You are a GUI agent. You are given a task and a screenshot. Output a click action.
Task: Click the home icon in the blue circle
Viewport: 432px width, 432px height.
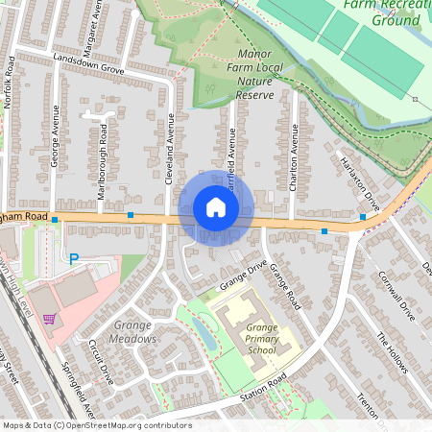[216, 207]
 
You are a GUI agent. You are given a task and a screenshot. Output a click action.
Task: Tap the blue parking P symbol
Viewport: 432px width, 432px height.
[73, 257]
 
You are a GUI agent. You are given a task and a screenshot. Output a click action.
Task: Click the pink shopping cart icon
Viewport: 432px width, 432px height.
[49, 319]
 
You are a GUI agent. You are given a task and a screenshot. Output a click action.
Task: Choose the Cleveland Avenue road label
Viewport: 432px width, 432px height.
[170, 150]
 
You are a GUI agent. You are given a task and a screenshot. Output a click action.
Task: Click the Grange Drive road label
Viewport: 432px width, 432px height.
[242, 274]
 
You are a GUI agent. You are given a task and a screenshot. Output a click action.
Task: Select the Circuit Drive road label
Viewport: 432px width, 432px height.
[101, 362]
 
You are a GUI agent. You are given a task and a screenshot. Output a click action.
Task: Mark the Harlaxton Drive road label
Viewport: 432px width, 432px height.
[359, 186]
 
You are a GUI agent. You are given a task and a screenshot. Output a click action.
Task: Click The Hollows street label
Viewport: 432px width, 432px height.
[393, 352]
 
